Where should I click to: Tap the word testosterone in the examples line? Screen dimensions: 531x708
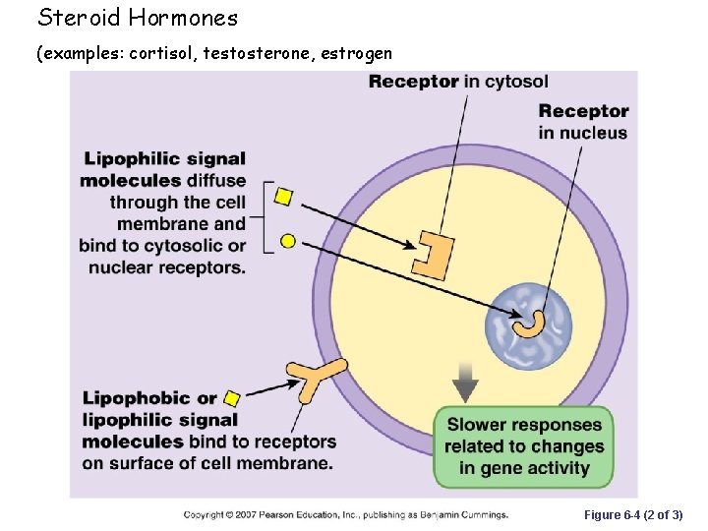[x=259, y=54]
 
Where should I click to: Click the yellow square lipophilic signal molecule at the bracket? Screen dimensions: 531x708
[x=283, y=197]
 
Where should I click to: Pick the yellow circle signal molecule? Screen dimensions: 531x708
[x=288, y=241]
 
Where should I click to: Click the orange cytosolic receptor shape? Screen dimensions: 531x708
[x=433, y=253]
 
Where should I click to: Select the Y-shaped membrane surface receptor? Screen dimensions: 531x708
[x=317, y=379]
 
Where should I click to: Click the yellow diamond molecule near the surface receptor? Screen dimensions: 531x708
[x=232, y=398]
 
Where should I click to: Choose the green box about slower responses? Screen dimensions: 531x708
[x=523, y=446]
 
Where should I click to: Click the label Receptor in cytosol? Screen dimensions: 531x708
[x=458, y=82]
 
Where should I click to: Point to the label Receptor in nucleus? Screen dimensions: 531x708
[x=583, y=122]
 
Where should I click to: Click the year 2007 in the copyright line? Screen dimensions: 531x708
[x=250, y=514]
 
